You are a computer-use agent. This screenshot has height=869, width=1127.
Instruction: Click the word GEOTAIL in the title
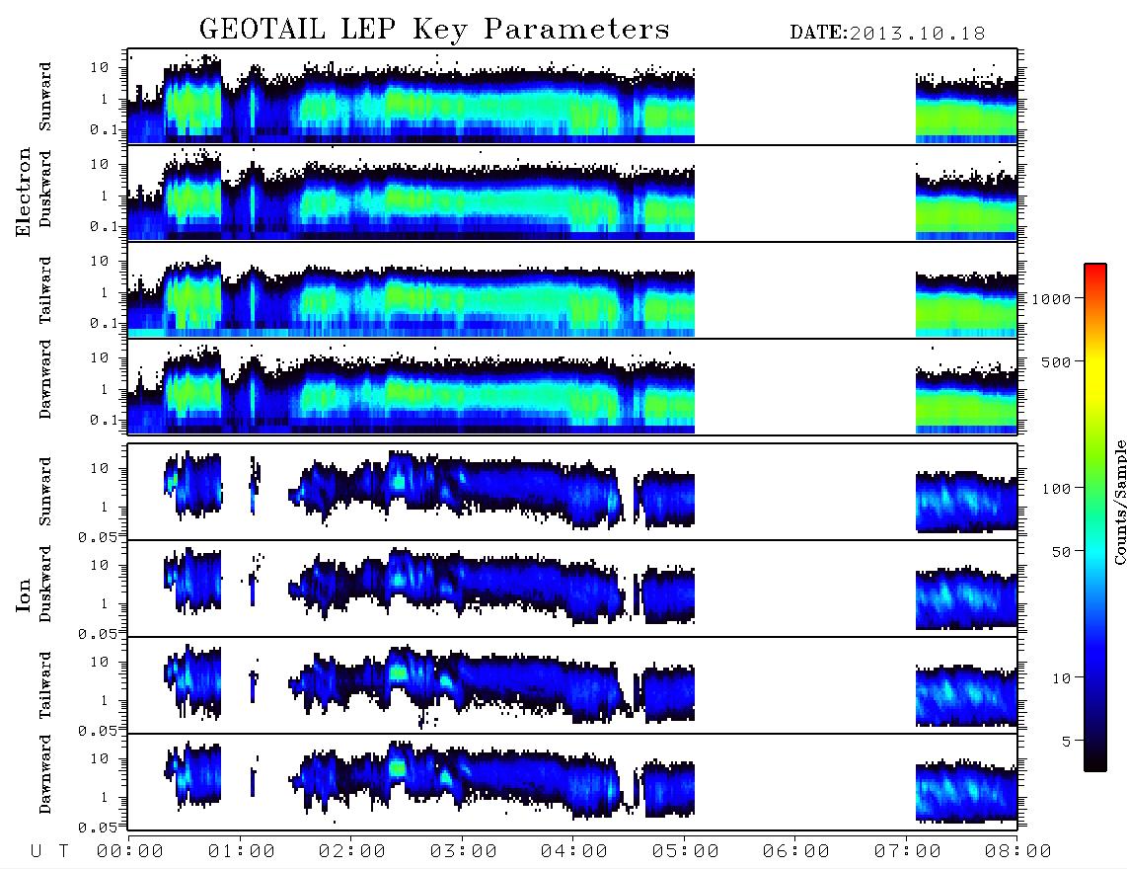coord(262,29)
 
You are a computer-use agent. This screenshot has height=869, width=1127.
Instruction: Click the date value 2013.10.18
coord(917,34)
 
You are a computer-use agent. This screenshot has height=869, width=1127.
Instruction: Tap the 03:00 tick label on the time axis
coord(463,851)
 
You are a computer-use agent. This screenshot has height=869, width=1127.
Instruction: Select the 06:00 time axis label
coord(795,851)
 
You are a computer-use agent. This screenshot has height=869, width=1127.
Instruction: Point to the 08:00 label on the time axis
coord(1017,851)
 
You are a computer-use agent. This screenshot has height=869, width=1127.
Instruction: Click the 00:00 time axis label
coord(130,851)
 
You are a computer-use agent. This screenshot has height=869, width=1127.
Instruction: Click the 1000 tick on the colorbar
coord(1051,298)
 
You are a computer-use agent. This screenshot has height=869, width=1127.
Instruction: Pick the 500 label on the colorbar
coord(1056,361)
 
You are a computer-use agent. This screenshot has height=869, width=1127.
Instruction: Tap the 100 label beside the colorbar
coord(1056,489)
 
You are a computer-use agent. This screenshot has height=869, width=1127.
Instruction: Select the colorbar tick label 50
coord(1061,552)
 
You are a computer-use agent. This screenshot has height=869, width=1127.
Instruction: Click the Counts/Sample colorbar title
coord(1119,502)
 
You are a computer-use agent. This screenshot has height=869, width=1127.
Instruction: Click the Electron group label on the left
coord(23,192)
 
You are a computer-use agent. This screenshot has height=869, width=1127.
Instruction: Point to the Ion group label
coord(23,594)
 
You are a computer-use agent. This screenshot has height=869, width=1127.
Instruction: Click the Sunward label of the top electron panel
coord(44,96)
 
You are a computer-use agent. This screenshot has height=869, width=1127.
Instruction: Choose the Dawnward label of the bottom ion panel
coord(44,773)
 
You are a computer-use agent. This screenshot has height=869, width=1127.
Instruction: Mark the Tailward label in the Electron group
coord(44,289)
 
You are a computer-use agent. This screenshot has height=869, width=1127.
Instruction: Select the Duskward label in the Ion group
coord(44,584)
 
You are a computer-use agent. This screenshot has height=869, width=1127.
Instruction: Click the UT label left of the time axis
coord(49,851)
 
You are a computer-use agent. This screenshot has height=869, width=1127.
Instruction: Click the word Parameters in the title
coord(576,29)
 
